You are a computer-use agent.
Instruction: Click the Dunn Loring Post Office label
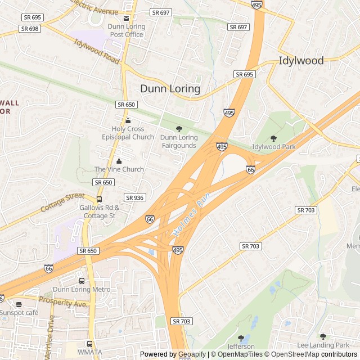click(127, 30)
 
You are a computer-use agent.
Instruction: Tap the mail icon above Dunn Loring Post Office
click(127, 18)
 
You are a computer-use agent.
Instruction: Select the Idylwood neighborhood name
click(301, 61)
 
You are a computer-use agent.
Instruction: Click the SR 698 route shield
click(29, 28)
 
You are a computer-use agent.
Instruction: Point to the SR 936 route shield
click(135, 197)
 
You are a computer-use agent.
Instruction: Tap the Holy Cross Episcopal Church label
click(128, 133)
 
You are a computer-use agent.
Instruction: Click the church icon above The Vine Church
click(119, 161)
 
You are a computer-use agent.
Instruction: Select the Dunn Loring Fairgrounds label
click(179, 141)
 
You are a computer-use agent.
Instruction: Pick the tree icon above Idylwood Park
click(274, 138)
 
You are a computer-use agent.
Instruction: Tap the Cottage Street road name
click(62, 203)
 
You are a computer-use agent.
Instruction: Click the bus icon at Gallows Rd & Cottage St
click(100, 199)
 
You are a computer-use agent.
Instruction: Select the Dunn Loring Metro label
click(81, 290)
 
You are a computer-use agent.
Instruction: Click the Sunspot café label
click(19, 312)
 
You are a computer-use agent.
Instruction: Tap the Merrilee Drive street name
click(50, 332)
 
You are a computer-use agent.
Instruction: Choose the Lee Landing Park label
click(323, 345)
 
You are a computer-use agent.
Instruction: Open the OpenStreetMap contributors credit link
click(319, 354)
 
